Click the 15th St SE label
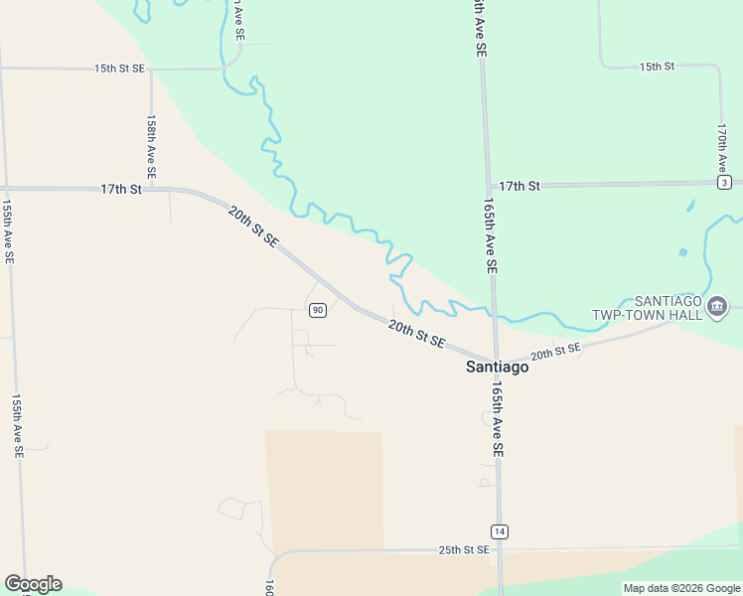(119, 69)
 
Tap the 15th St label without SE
(657, 67)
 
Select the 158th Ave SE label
(151, 146)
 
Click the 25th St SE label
(464, 549)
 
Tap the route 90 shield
(317, 310)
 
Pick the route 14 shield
(499, 530)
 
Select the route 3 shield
(725, 183)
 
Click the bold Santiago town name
(498, 367)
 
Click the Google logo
(33, 584)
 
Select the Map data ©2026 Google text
(682, 588)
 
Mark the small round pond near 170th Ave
(682, 252)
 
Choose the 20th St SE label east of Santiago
(555, 353)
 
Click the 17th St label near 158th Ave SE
(121, 189)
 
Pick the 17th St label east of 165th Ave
(519, 186)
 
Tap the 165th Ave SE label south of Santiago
(496, 421)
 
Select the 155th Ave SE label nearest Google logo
(17, 425)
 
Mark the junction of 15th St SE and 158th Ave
(151, 70)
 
